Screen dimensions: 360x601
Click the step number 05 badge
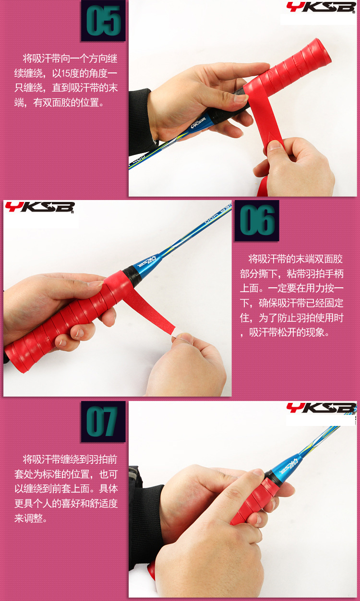click(x=103, y=21)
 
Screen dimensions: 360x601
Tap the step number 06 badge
click(x=257, y=221)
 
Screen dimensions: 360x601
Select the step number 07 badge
click(x=103, y=422)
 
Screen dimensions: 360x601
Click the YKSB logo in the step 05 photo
click(x=321, y=7)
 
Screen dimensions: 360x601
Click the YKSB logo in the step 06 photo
click(x=40, y=207)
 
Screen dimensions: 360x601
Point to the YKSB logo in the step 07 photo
click(x=321, y=408)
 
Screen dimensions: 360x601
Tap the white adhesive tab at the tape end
click(x=175, y=333)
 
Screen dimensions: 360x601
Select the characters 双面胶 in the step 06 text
click(x=329, y=259)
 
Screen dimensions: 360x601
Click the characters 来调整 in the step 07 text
click(x=29, y=518)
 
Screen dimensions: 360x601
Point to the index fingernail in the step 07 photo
click(x=258, y=472)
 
